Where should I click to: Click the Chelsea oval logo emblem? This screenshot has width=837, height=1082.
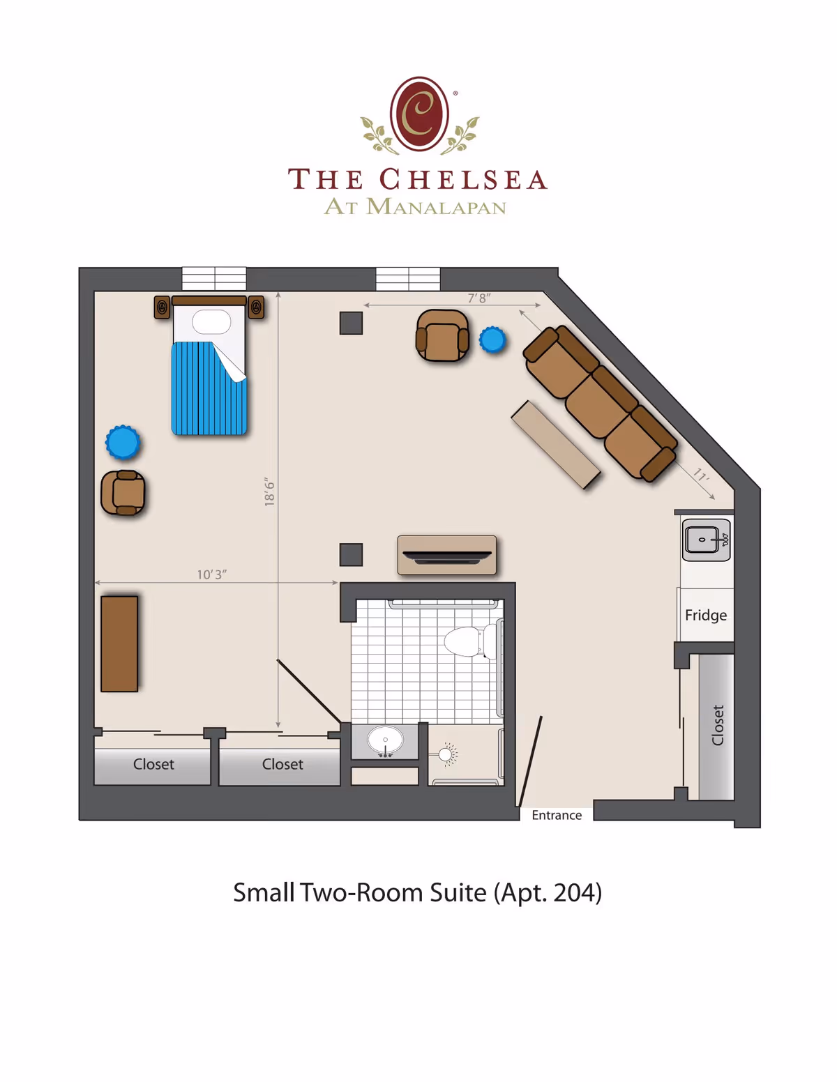[419, 114]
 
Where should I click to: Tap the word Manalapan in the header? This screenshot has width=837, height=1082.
[436, 207]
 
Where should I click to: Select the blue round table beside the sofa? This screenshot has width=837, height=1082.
[492, 340]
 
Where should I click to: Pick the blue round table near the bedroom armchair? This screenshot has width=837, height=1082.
[123, 443]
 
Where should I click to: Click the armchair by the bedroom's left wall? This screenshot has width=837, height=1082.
[123, 492]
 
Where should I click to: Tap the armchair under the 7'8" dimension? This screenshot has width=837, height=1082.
[442, 336]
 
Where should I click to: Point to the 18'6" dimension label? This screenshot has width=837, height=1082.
[270, 492]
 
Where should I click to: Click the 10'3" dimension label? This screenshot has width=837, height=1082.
[211, 574]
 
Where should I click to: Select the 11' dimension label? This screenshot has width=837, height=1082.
[701, 475]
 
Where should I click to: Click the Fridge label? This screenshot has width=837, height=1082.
[705, 615]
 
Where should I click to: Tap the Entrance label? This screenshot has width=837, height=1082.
[556, 815]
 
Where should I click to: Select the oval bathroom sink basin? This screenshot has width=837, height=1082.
[385, 740]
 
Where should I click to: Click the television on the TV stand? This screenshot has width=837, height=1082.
[446, 556]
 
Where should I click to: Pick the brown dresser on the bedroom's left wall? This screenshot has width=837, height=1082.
[119, 643]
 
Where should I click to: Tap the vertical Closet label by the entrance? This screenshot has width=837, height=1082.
[717, 725]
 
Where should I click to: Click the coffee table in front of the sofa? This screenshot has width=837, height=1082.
[556, 445]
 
